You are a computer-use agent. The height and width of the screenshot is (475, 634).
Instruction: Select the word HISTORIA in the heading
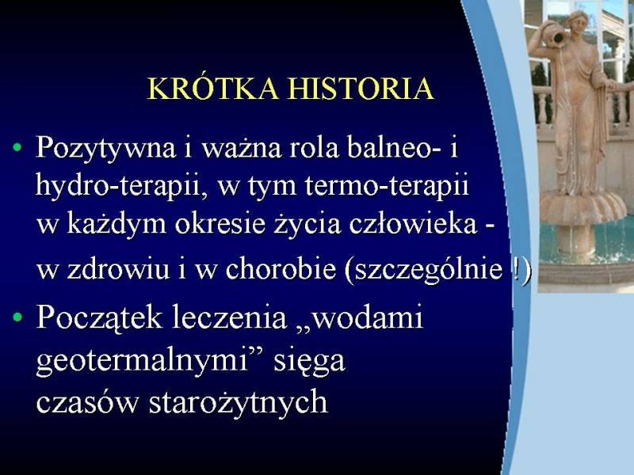click(x=362, y=88)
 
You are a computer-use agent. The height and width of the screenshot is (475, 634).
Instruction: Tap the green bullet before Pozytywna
click(x=17, y=147)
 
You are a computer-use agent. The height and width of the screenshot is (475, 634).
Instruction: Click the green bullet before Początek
click(x=17, y=317)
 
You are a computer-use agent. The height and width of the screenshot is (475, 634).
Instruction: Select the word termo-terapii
click(x=387, y=186)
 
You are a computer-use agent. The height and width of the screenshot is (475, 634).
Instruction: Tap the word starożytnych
click(x=239, y=403)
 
